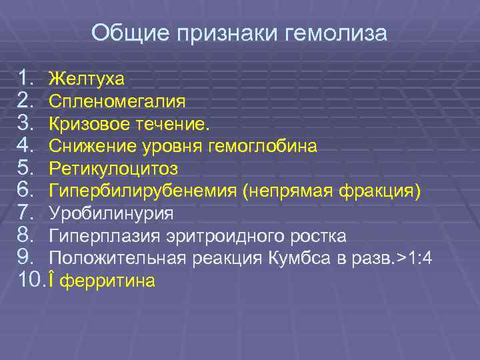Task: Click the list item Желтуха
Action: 87,79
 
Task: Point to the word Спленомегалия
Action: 117,102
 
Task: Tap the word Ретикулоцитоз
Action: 114,169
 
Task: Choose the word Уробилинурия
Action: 111,215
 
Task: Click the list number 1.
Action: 27,79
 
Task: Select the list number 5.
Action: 27,169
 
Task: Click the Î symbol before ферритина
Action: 53,281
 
